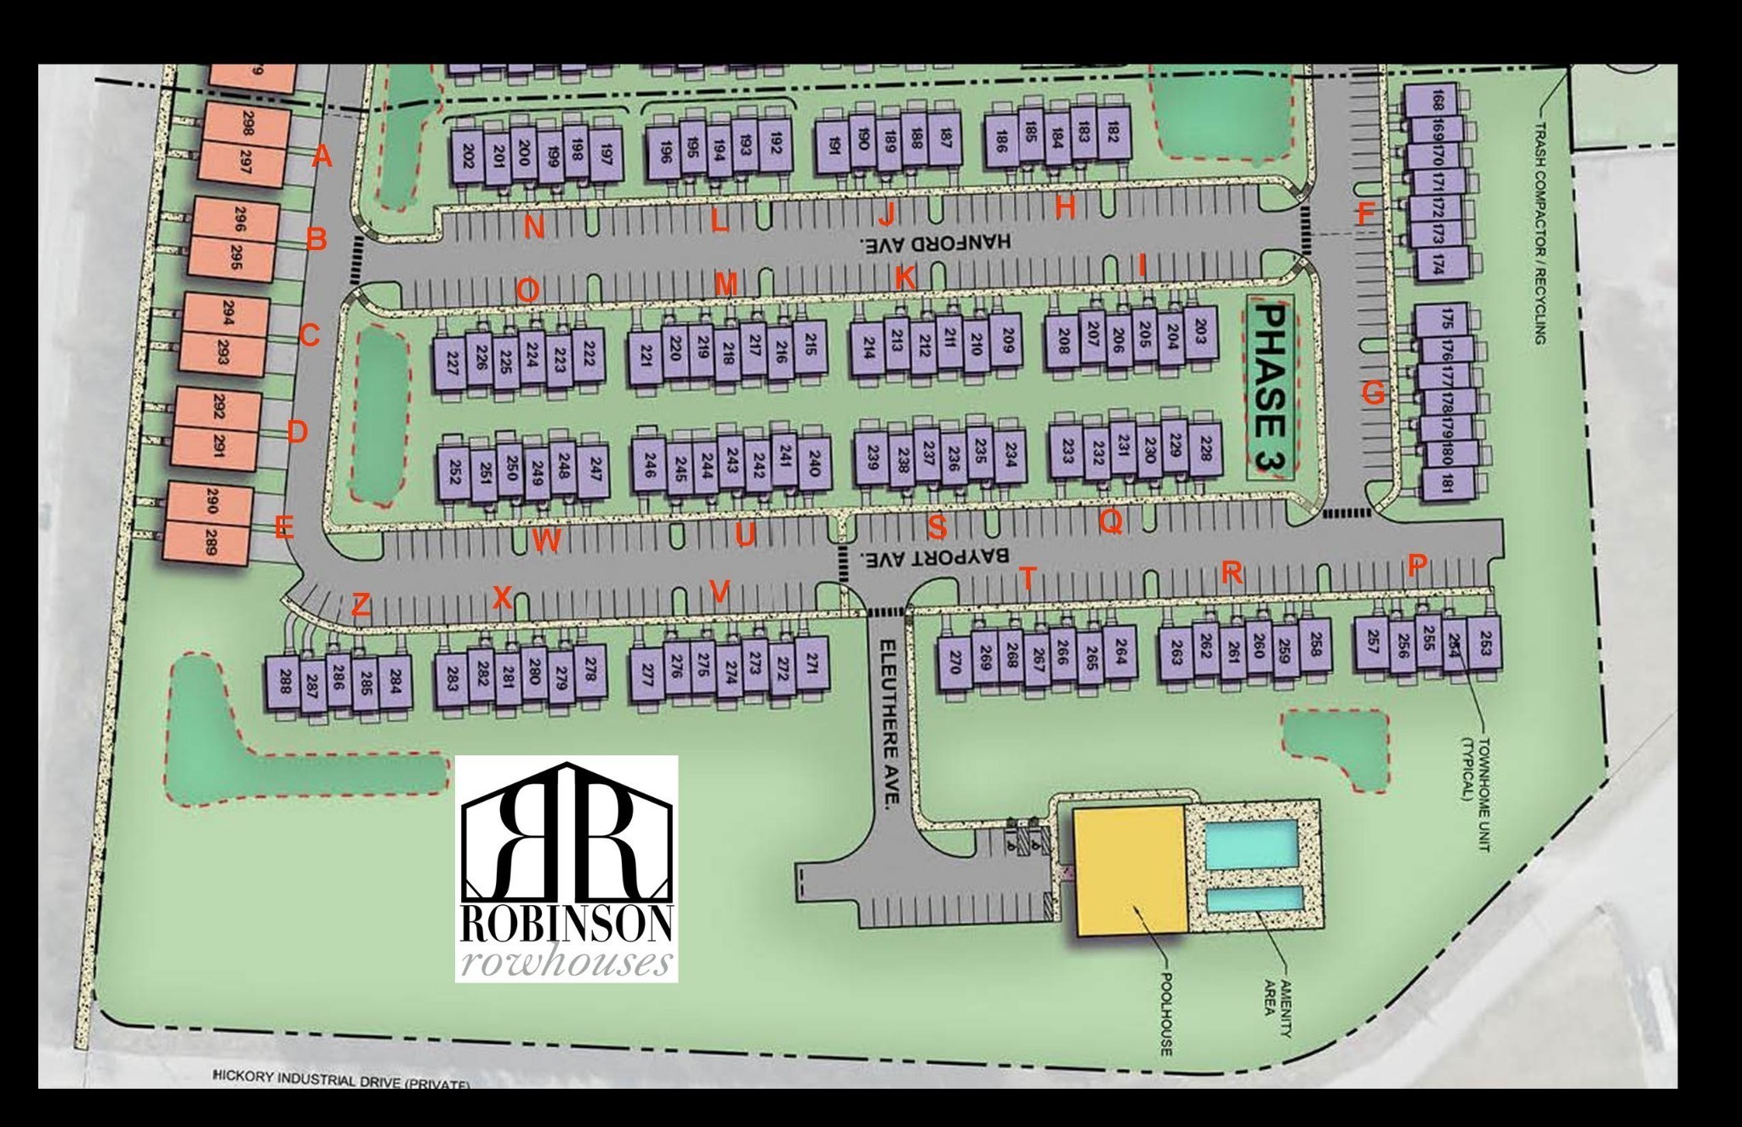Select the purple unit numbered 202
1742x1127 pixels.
point(467,157)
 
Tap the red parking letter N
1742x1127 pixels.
point(534,227)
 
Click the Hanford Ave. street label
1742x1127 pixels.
point(935,242)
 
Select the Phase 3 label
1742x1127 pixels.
point(1271,389)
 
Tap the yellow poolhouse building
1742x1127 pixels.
point(1130,869)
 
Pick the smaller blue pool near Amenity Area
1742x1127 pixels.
point(1254,900)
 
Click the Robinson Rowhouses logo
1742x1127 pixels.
point(566,868)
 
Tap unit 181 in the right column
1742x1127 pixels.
point(1445,483)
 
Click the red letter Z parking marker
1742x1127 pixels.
point(361,606)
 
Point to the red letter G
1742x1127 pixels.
point(1372,393)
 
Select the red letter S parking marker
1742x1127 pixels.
point(936,527)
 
